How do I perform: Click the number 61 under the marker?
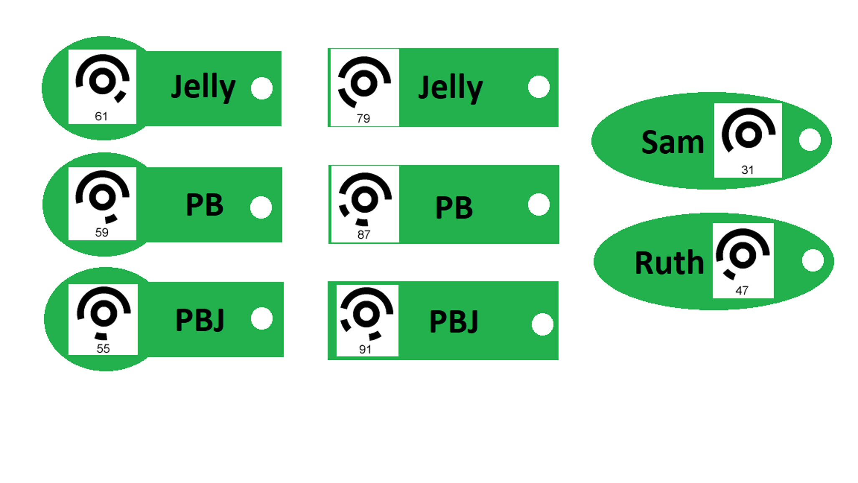click(101, 116)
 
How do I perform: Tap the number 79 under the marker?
click(363, 119)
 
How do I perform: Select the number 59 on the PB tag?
click(102, 232)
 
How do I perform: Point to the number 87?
click(363, 235)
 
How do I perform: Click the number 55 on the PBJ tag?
click(103, 348)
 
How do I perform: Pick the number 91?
click(365, 349)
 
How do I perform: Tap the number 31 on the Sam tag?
click(747, 170)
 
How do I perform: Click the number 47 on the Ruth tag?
click(741, 290)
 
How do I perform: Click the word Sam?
click(673, 142)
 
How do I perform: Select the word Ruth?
click(669, 263)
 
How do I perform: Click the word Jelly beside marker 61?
click(203, 87)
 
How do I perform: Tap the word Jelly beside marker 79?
click(450, 88)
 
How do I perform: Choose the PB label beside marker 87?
click(454, 208)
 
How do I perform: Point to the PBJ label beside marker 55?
click(200, 320)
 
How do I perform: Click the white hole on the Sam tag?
click(810, 140)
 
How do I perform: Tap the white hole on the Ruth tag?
click(813, 260)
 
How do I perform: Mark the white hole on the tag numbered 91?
click(543, 325)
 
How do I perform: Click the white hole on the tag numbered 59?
click(261, 207)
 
